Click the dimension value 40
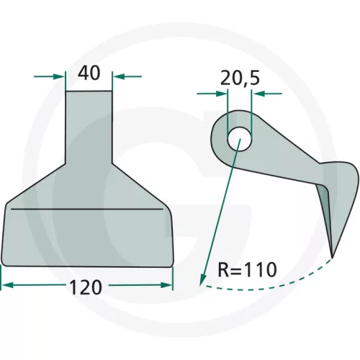click(89, 73)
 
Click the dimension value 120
click(86, 287)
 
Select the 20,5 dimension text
click(240, 78)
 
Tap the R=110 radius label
click(248, 269)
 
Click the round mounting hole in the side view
click(240, 139)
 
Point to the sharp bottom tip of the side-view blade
click(332, 258)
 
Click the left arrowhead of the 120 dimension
click(7, 285)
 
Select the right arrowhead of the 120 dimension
click(166, 285)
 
